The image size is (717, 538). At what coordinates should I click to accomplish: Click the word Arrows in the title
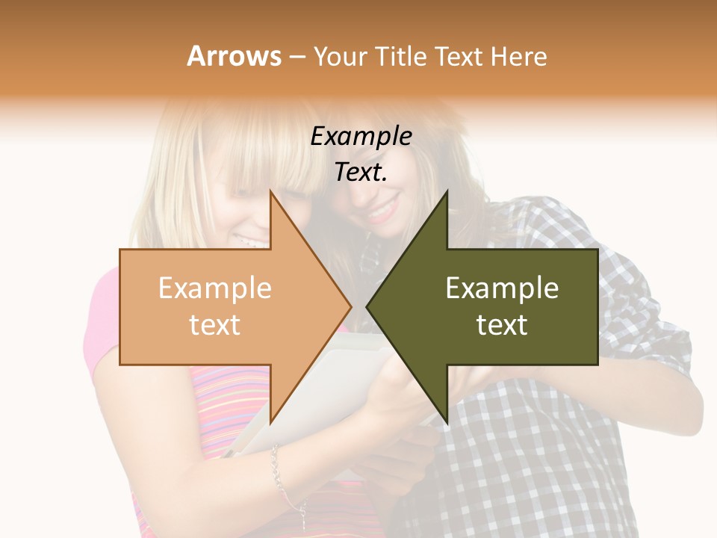pos(235,56)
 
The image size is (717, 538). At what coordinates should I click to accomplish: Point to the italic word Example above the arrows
pos(361,137)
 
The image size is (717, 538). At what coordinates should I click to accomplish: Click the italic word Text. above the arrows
pos(361,172)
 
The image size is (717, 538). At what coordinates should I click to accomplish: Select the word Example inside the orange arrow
pos(214,288)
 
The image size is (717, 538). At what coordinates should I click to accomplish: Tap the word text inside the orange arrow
pos(214,325)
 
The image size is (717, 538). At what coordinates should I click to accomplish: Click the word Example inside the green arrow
pos(502,288)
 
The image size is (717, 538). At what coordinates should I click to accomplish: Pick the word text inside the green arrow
pos(502,325)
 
